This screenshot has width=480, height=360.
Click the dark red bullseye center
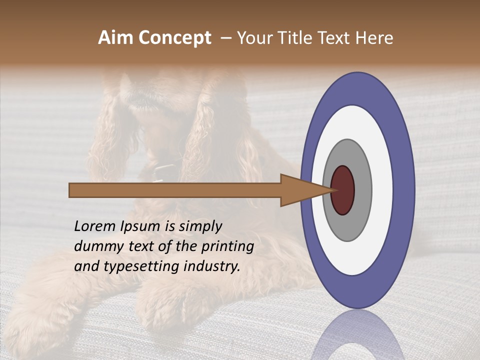pos(342,190)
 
